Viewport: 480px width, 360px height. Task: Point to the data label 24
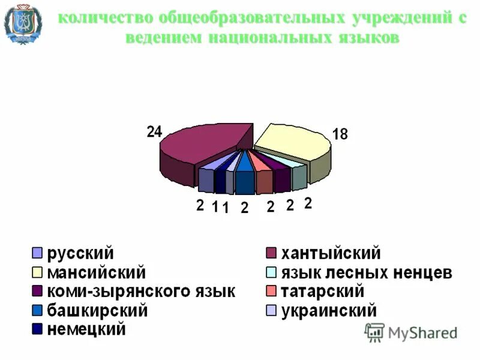154,132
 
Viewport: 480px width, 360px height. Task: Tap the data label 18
340,134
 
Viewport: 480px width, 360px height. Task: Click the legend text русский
80,254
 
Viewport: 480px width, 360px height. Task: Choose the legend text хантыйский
331,254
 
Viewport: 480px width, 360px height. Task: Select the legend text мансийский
97,273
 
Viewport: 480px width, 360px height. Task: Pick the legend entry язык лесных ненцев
367,273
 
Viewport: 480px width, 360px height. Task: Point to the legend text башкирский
97,311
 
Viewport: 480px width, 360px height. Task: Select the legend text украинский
329,311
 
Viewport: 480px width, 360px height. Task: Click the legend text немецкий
87,329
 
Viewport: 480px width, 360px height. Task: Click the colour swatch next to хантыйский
271,254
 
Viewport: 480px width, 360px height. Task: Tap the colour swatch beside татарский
271,292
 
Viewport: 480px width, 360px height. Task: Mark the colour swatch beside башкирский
37,311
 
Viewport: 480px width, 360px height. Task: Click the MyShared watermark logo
411,331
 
